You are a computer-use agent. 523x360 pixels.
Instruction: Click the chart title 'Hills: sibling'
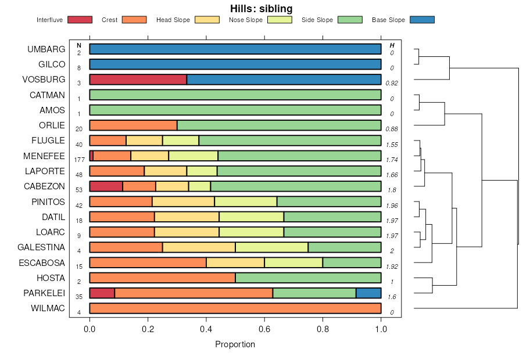(x=261, y=9)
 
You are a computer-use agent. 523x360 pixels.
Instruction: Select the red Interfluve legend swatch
(x=80, y=20)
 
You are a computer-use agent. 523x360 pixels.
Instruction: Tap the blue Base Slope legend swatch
(x=422, y=20)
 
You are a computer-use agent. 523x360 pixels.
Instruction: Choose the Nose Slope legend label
(x=246, y=20)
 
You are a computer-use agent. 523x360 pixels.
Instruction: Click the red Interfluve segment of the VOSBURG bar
(x=138, y=80)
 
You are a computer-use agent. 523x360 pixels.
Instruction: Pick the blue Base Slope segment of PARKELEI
(x=368, y=293)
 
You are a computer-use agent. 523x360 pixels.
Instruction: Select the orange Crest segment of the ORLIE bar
(x=133, y=125)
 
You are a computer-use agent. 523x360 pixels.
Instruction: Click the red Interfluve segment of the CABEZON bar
(x=106, y=186)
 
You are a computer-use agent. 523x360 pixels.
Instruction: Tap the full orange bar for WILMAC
(x=235, y=308)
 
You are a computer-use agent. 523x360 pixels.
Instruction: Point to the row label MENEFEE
(x=44, y=156)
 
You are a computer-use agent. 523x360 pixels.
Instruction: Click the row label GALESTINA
(x=41, y=247)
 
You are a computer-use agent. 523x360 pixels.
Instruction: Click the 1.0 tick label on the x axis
(x=381, y=329)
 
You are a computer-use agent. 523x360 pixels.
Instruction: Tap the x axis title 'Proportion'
(x=235, y=344)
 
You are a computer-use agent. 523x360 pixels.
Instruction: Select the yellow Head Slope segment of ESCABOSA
(x=235, y=262)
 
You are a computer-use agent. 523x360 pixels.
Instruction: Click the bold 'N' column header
(x=78, y=45)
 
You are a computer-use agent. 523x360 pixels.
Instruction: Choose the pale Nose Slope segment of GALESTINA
(x=271, y=247)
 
